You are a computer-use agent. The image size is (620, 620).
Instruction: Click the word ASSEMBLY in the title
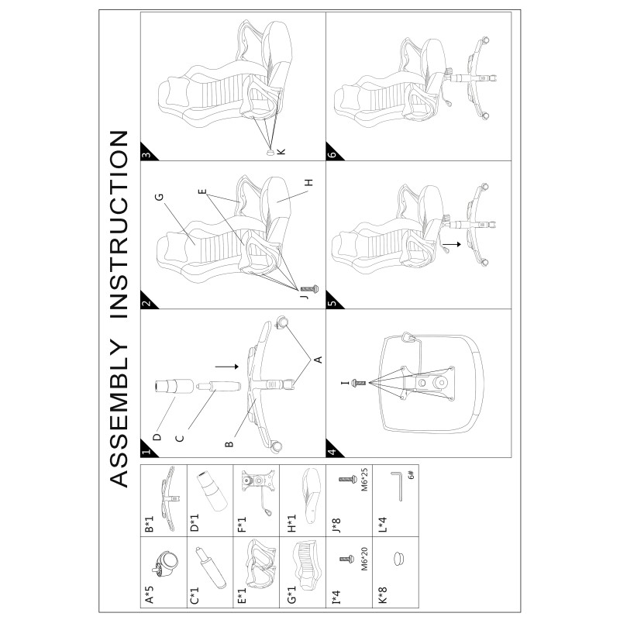(x=119, y=414)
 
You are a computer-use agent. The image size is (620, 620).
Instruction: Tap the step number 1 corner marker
(x=147, y=450)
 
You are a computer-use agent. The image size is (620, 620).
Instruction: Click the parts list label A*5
(x=150, y=594)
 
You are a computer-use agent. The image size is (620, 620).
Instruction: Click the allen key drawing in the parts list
(x=397, y=486)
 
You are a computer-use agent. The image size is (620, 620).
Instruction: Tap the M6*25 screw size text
(x=364, y=479)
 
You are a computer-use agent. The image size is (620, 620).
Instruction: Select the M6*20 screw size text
(x=364, y=559)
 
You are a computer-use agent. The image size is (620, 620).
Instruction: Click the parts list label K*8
(x=382, y=595)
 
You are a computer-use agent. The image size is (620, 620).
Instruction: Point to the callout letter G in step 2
(x=159, y=197)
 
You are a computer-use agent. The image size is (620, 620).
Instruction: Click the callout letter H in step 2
(x=308, y=182)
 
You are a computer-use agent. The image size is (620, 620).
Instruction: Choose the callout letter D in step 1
(x=157, y=437)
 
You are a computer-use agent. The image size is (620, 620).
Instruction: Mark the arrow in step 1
(x=227, y=367)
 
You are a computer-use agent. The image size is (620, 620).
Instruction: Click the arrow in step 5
(x=452, y=244)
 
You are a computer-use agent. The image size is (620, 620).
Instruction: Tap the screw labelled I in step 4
(x=358, y=383)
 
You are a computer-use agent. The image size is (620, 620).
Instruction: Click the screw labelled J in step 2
(x=309, y=289)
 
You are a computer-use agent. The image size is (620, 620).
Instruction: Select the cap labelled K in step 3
(x=270, y=151)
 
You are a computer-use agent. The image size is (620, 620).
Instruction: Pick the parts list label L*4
(x=382, y=525)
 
